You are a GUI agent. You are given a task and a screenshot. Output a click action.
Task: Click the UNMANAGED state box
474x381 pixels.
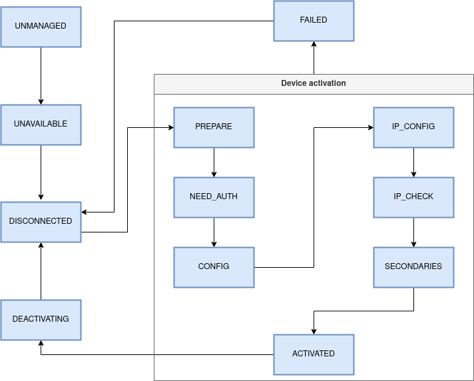pos(41,27)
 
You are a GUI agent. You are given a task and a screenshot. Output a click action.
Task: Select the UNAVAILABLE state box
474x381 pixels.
pos(41,125)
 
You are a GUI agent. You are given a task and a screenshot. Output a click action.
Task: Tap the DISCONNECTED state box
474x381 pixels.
pos(41,221)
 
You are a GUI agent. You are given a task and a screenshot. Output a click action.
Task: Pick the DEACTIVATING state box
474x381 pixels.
pos(41,319)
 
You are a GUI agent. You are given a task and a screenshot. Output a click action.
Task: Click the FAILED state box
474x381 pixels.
pos(314,21)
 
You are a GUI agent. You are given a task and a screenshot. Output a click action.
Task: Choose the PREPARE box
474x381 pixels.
pos(214,127)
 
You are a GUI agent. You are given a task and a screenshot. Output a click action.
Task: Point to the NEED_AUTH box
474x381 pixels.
pos(214,197)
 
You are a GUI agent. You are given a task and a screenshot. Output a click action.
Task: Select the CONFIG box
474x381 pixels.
pos(214,266)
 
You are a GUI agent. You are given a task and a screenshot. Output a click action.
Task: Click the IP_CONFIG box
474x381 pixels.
pos(413,127)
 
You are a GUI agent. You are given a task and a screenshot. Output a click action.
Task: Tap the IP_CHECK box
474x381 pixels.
pos(413,197)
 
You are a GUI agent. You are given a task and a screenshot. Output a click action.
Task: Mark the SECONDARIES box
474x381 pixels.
pos(413,266)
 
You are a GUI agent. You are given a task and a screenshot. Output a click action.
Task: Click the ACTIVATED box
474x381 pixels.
pos(314,354)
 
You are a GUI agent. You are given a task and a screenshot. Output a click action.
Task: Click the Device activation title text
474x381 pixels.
pos(314,83)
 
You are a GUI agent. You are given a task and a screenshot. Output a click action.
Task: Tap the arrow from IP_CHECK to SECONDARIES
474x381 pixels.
pos(413,232)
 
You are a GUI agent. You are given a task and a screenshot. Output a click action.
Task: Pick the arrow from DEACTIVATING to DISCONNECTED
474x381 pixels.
pos(41,270)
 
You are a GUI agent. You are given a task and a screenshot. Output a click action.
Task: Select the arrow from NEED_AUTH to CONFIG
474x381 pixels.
pos(214,232)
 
